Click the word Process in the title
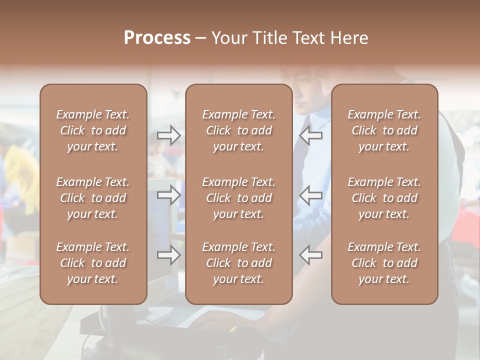coord(157,38)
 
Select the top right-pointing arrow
coord(169,135)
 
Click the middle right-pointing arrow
coord(169,195)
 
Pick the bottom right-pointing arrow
coord(169,255)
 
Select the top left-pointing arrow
coord(311,135)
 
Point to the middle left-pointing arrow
coord(311,195)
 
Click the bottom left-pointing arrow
coord(311,255)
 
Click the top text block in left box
coord(93,130)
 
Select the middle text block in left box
coord(93,198)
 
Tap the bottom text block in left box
coord(93,263)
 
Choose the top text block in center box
coord(239,130)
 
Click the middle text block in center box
coord(239,198)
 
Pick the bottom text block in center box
coord(239,263)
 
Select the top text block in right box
coord(384,130)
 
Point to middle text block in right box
coord(384,198)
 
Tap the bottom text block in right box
coord(384,263)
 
